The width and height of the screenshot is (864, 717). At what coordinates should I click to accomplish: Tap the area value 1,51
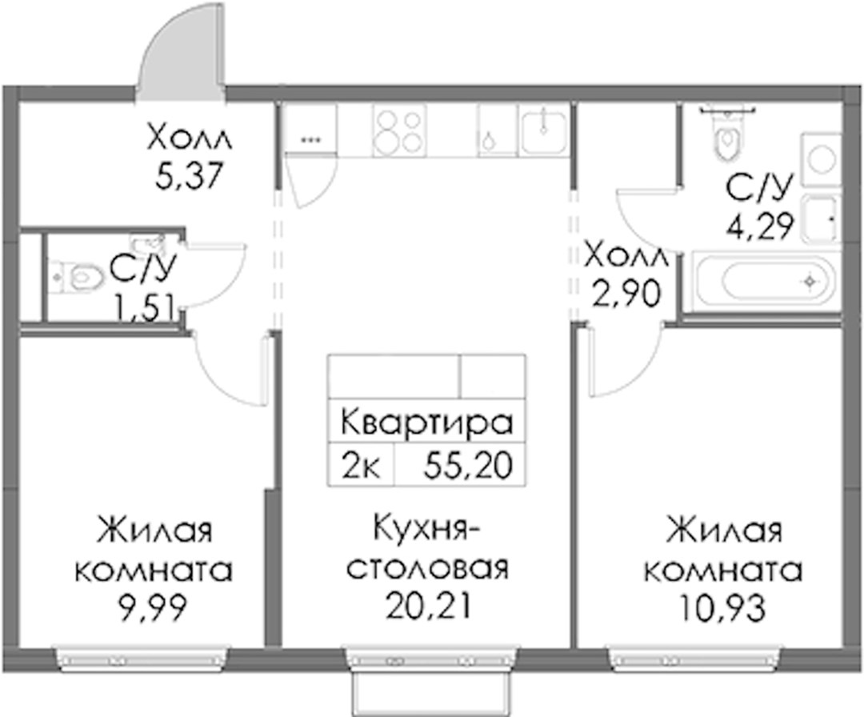142,306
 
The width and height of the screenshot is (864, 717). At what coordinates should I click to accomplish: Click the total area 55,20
468,466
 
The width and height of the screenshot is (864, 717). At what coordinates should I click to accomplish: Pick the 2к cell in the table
360,466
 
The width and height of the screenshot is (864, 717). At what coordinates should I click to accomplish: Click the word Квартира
426,423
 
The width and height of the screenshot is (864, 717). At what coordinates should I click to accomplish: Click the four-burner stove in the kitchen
399,130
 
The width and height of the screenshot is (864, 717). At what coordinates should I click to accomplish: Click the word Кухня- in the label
427,535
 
